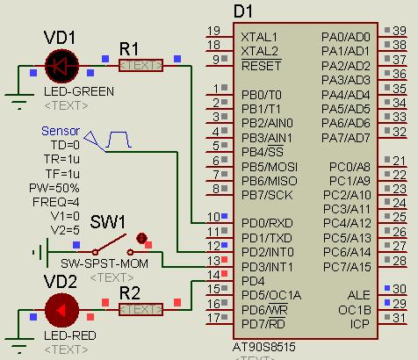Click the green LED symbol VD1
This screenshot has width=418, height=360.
point(61,66)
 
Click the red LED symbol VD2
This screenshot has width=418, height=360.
point(61,310)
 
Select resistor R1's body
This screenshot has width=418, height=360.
point(141,66)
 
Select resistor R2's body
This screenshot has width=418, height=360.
point(141,309)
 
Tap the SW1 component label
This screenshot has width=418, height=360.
point(107,222)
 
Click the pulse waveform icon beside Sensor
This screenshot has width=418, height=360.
point(119,140)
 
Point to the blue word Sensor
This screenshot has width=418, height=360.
point(61,131)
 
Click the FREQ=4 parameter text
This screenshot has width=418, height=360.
point(56,202)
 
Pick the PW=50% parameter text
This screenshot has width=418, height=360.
point(54,188)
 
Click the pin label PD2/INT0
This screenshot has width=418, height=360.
point(268,252)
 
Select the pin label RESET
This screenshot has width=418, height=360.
point(261,66)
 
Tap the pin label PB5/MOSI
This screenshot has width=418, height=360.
point(270,167)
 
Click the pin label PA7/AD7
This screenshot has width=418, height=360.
point(346,138)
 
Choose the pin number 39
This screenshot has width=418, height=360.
point(400,31)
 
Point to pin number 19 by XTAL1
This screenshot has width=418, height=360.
point(213,31)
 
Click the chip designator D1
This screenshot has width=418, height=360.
point(243,11)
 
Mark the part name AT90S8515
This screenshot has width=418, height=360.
point(264,347)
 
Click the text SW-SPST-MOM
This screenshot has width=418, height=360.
point(104,263)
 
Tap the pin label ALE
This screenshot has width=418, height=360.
point(359,295)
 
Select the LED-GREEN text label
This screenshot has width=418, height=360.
point(79,91)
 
